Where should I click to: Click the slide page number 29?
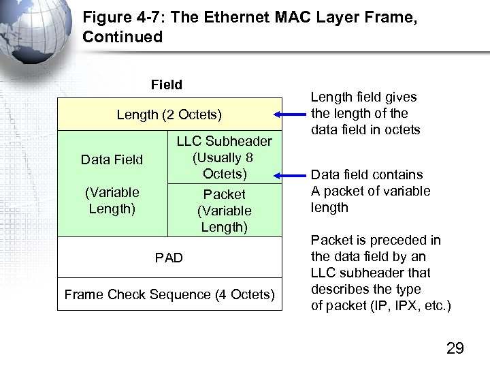[x=455, y=348]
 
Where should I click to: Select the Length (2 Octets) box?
[x=169, y=114]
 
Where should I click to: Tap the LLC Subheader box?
[x=224, y=157]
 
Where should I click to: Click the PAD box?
[x=169, y=258]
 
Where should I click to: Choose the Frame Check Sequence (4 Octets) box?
[x=169, y=294]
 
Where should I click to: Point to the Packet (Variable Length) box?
[x=224, y=211]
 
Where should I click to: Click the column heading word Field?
[x=167, y=85]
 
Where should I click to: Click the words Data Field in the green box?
[x=112, y=159]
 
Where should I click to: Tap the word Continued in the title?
[x=122, y=37]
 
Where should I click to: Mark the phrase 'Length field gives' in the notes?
[x=363, y=97]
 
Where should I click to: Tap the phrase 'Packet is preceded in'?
[x=376, y=240]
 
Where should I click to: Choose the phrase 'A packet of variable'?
[x=371, y=191]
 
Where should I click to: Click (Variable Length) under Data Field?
[x=112, y=200]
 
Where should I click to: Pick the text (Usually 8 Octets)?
[x=224, y=166]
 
